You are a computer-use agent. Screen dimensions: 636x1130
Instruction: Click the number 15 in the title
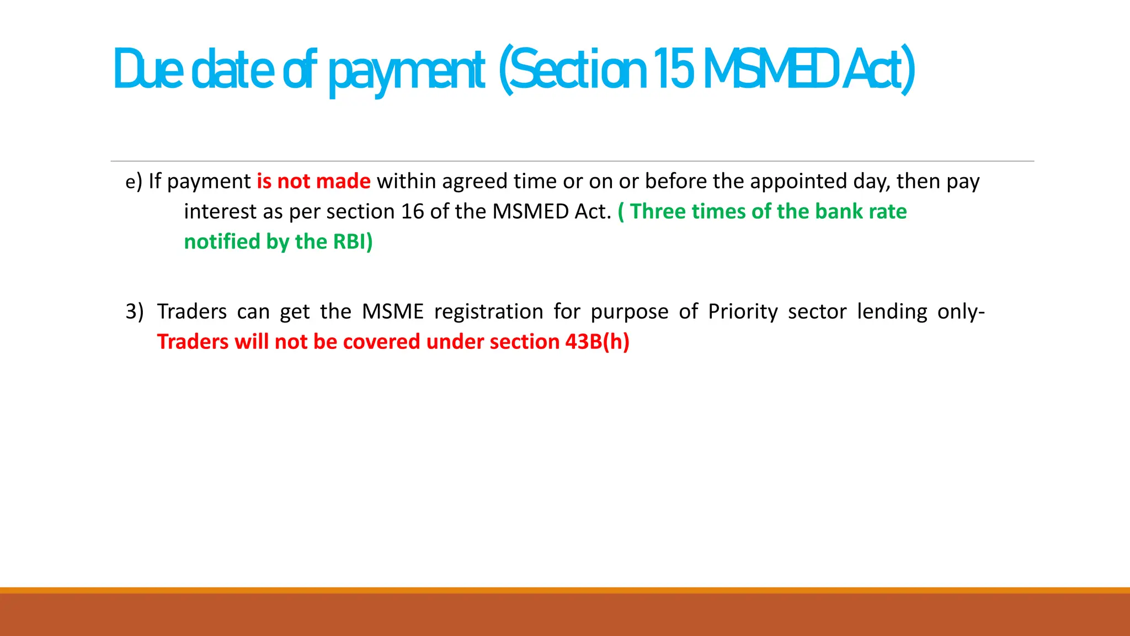(673, 69)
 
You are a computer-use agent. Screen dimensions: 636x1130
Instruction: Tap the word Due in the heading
(148, 69)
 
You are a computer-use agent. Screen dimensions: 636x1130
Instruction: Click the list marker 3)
(134, 312)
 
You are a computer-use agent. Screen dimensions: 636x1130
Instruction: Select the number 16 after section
(412, 212)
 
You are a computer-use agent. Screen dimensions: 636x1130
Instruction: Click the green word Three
(658, 212)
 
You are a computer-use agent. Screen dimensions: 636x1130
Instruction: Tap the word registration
(488, 312)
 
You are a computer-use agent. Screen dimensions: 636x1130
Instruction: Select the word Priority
(743, 312)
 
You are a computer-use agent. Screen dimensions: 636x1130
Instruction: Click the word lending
(892, 312)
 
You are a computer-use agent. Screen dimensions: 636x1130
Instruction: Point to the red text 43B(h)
(597, 342)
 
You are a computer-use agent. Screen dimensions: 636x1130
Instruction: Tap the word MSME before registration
(392, 312)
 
